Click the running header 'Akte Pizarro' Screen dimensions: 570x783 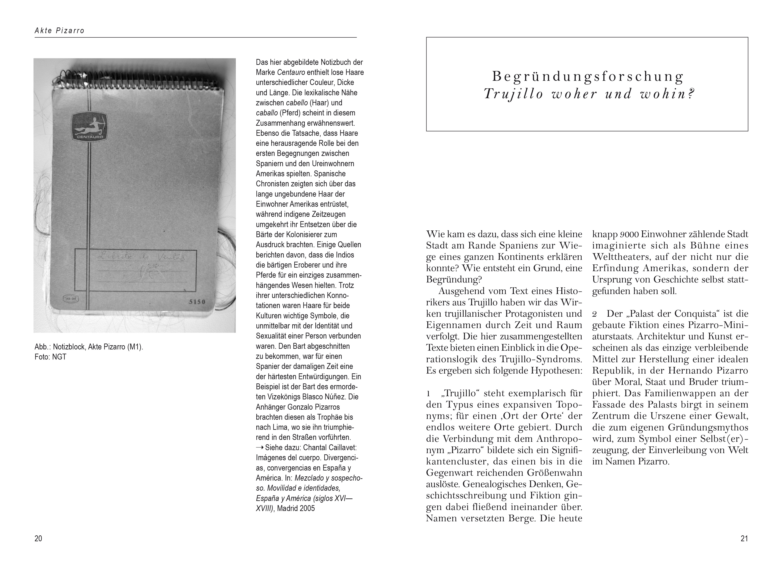(59, 31)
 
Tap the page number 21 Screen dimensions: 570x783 (744, 538)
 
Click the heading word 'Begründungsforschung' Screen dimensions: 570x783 (588, 76)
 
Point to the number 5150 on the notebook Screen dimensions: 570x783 (197, 302)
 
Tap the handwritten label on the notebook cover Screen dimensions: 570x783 (142, 258)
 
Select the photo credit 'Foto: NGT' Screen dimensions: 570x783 (50, 357)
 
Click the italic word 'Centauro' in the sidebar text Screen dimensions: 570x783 (291, 72)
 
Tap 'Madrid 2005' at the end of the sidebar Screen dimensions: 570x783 (296, 508)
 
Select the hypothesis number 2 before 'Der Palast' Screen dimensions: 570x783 (595, 314)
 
